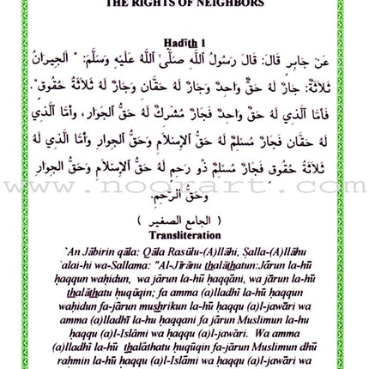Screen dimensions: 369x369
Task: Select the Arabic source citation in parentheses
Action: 184,218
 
